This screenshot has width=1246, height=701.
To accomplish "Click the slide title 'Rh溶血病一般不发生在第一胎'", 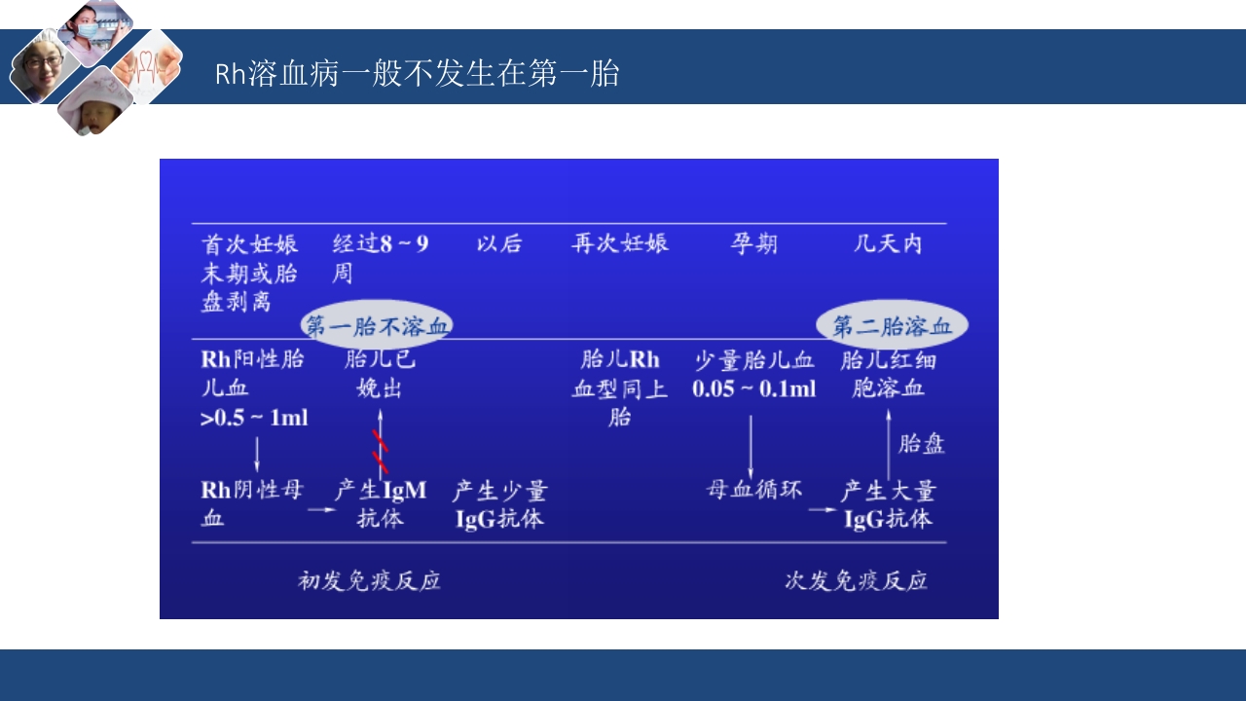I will [417, 74].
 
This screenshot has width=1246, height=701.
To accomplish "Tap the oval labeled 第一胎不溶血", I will [377, 325].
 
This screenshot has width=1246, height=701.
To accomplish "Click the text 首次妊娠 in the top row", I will [249, 243].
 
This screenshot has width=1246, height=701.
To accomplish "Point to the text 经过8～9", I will [381, 243].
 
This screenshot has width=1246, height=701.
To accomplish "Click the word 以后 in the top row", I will [499, 243].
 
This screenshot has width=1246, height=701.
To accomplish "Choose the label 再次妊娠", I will [620, 243].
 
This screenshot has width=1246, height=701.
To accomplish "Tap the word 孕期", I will [754, 243].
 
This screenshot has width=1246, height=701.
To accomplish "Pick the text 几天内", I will [887, 243].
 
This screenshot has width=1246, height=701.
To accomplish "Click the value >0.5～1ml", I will [254, 418].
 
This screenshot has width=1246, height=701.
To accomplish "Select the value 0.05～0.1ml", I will [754, 388].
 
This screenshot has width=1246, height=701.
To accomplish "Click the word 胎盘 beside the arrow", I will [921, 445].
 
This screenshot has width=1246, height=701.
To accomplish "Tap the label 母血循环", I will [754, 490].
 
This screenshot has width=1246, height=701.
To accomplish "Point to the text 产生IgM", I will [381, 490].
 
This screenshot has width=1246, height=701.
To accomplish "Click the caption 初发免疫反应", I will [369, 581].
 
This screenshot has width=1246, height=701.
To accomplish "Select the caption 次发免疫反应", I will [856, 581].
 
